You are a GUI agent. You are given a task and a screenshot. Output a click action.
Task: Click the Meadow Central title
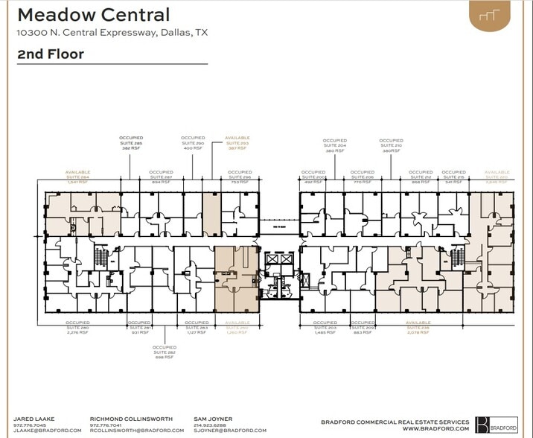(x=93, y=14)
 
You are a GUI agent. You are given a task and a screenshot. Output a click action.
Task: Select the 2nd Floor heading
(x=50, y=54)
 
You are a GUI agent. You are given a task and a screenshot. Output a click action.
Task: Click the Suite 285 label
(x=131, y=143)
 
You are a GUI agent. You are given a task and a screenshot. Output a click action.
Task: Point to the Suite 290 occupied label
(x=193, y=143)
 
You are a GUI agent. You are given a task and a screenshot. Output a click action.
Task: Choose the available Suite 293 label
(x=237, y=143)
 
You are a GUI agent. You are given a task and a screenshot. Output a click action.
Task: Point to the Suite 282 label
(x=165, y=352)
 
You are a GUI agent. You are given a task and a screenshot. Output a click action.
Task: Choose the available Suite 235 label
(x=418, y=328)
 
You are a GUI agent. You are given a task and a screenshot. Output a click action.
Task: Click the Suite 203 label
(x=325, y=328)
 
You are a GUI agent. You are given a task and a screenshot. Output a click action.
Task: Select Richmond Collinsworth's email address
(x=136, y=431)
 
